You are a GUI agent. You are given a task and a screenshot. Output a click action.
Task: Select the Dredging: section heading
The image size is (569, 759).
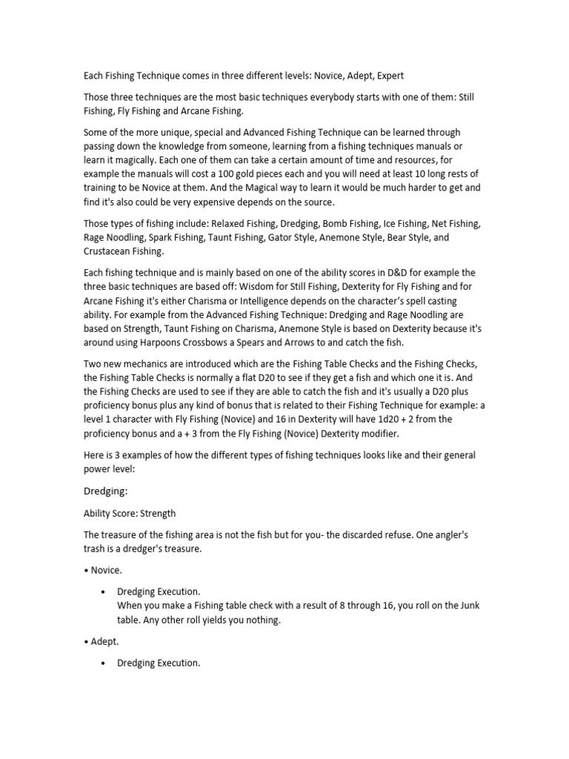coord(105,489)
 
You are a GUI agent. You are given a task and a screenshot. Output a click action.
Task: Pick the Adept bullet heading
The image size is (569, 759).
coord(103,641)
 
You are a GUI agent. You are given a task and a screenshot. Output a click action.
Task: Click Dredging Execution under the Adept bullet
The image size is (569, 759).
coord(159,663)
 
